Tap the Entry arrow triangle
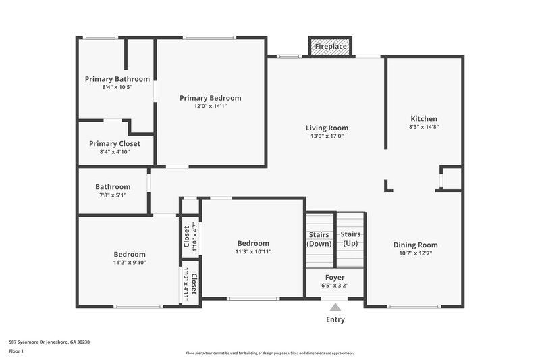pyautogui.click(x=335, y=307)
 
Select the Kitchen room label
pyautogui.click(x=423, y=118)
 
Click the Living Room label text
pyautogui.click(x=327, y=128)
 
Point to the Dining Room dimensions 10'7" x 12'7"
pyautogui.click(x=415, y=253)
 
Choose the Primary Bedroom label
pyautogui.click(x=210, y=98)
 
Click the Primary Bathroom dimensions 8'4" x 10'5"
pyautogui.click(x=117, y=87)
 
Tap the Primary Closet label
pyautogui.click(x=115, y=143)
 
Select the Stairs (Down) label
pyautogui.click(x=319, y=238)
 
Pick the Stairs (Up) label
pyautogui.click(x=350, y=238)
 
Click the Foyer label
pyautogui.click(x=335, y=277)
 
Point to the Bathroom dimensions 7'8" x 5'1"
pyautogui.click(x=112, y=195)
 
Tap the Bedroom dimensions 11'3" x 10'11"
pyautogui.click(x=252, y=251)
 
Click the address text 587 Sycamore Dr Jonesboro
pyautogui.click(x=49, y=342)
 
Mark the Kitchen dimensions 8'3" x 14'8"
pyautogui.click(x=423, y=127)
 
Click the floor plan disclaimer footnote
pyautogui.click(x=269, y=353)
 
